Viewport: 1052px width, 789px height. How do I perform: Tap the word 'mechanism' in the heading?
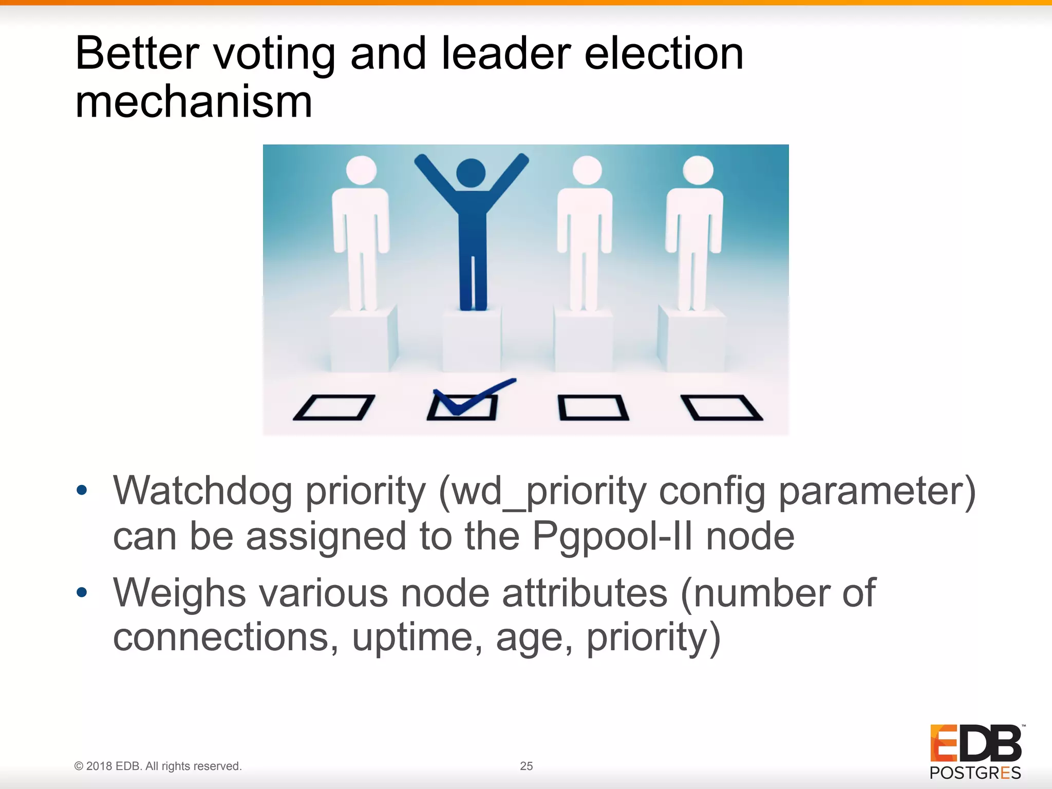coord(194,102)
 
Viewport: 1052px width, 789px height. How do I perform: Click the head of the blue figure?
coord(471,173)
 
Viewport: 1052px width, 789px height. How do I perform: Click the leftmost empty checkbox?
coord(334,407)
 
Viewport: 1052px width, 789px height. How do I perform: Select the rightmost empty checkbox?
coord(722,407)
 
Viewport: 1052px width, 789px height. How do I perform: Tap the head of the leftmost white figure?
coord(361,170)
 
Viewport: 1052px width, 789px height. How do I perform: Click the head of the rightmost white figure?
coord(698,170)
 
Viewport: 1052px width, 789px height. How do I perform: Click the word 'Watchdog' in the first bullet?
coord(202,492)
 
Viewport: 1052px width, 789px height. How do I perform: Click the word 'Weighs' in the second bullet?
coord(179,593)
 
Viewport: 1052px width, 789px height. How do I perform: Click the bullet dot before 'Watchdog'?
coord(82,491)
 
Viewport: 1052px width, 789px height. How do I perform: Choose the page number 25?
coord(527,766)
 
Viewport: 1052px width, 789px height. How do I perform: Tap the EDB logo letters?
coord(976,743)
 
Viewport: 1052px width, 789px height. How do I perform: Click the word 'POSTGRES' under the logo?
coord(975,773)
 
